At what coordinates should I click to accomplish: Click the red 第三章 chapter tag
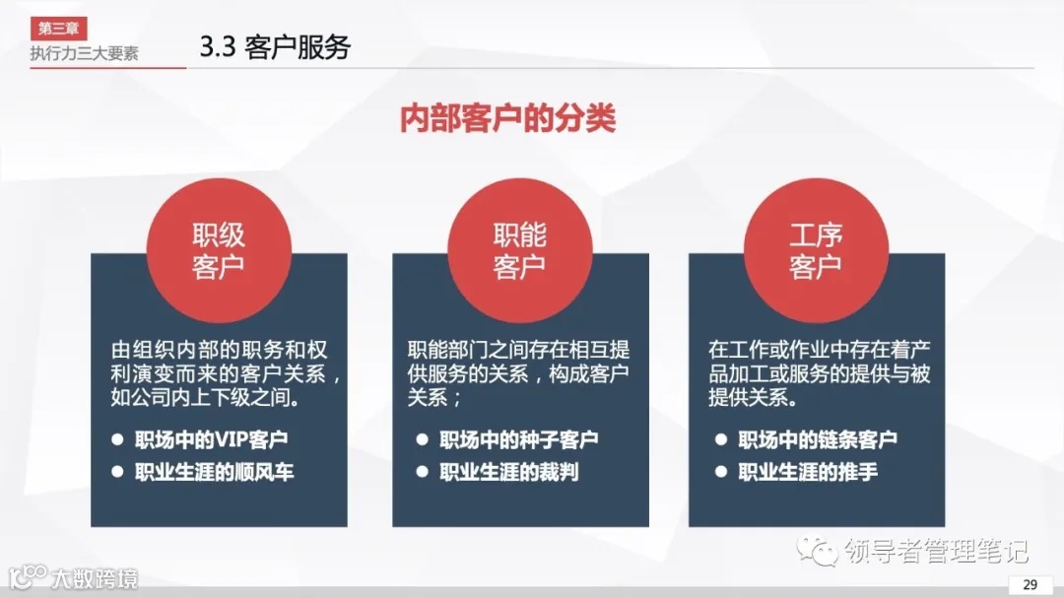click(58, 30)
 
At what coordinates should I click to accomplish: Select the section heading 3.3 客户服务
click(275, 47)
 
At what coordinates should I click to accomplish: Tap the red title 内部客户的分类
click(507, 118)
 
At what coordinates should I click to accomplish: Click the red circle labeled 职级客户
click(219, 250)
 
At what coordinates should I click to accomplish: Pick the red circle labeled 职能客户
click(519, 250)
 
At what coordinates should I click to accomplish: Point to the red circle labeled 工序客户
click(816, 250)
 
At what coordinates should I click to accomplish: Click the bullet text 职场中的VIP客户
click(212, 439)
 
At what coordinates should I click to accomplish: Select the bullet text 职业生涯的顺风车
click(215, 472)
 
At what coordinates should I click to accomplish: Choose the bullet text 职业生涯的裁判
click(508, 472)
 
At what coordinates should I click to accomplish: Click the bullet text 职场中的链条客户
click(818, 439)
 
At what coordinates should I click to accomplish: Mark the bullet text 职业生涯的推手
click(808, 472)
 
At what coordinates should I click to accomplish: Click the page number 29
click(1030, 584)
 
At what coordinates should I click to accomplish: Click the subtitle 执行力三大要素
click(84, 53)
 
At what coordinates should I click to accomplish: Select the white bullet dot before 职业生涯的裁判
click(422, 472)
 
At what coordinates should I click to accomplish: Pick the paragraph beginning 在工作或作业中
click(818, 375)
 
